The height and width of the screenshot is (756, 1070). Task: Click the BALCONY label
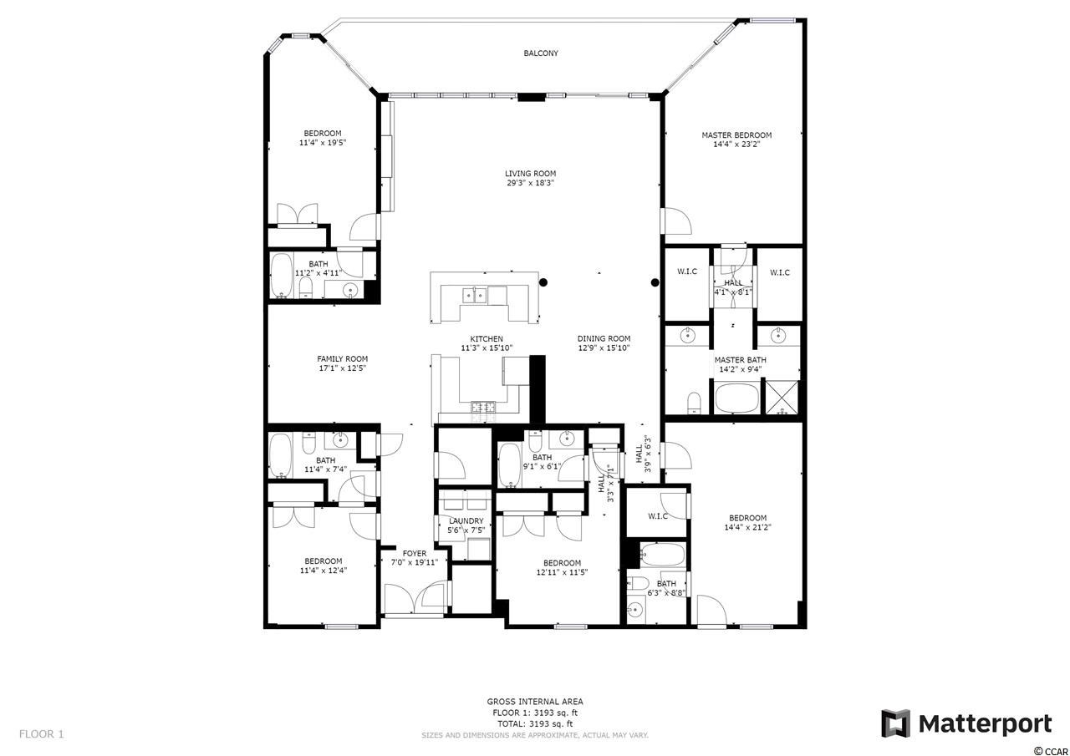(541, 53)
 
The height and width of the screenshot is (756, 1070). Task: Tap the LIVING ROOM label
(530, 174)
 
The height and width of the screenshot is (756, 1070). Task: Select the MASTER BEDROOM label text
(736, 135)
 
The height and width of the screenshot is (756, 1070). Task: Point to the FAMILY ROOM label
(343, 359)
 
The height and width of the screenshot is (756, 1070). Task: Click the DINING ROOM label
(604, 338)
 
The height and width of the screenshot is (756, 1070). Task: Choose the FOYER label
(415, 553)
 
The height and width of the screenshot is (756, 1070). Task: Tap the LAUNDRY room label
(466, 520)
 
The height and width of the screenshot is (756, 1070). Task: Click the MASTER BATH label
(741, 360)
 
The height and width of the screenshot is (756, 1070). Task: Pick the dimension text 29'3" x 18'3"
(530, 183)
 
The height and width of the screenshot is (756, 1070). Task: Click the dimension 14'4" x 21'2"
(748, 527)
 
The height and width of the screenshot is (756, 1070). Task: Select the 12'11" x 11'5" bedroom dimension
(562, 571)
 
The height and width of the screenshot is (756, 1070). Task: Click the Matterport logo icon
(895, 723)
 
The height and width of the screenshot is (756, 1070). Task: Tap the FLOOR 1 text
(42, 734)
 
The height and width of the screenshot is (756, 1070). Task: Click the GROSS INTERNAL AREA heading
(535, 702)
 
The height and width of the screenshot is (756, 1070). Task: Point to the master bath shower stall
(782, 397)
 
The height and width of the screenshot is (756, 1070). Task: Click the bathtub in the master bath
(736, 398)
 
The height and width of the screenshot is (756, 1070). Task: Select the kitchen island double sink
(474, 296)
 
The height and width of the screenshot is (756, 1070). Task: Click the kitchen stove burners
(483, 407)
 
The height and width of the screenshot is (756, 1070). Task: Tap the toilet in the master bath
(694, 403)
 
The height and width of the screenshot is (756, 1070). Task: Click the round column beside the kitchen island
(543, 282)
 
